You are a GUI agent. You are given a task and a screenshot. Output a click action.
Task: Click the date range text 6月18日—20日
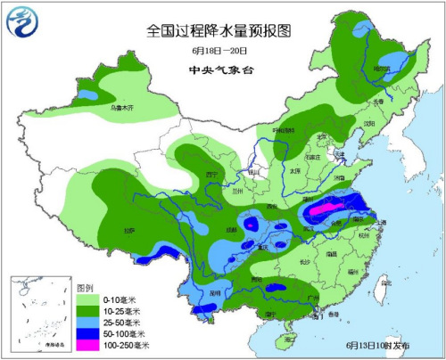point(218,51)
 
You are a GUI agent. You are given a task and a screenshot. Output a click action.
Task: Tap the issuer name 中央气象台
point(218,70)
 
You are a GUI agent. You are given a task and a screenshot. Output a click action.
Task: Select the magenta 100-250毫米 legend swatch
point(87,341)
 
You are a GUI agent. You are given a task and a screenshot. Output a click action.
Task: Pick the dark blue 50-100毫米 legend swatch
point(87,330)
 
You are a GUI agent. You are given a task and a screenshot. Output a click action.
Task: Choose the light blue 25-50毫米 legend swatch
point(87,319)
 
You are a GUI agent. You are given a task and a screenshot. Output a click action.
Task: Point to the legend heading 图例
point(86,288)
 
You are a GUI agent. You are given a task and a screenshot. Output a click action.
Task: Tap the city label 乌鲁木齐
point(120,108)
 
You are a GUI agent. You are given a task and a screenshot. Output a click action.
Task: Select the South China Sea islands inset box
point(39,312)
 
